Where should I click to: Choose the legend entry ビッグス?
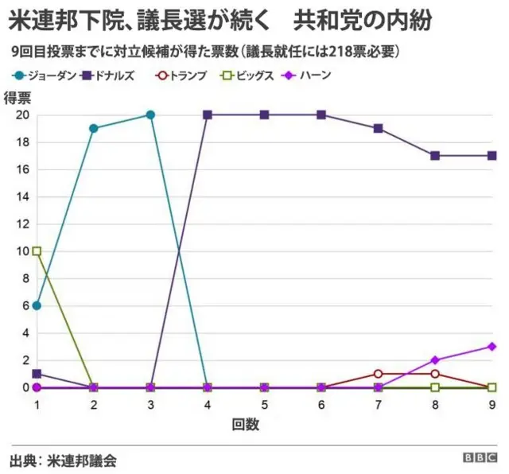(x=254, y=76)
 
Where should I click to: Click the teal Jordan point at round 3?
(x=150, y=115)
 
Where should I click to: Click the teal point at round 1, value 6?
(x=37, y=305)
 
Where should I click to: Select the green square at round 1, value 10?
(x=37, y=251)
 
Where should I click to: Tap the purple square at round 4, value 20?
(x=208, y=115)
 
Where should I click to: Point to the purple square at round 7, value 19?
(x=379, y=128)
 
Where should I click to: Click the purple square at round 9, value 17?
(x=492, y=155)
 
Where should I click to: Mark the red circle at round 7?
(x=379, y=374)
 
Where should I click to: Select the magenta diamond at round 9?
(x=492, y=347)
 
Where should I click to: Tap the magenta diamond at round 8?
(x=435, y=360)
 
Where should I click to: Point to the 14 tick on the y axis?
(x=23, y=196)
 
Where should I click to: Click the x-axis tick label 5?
(x=265, y=405)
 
